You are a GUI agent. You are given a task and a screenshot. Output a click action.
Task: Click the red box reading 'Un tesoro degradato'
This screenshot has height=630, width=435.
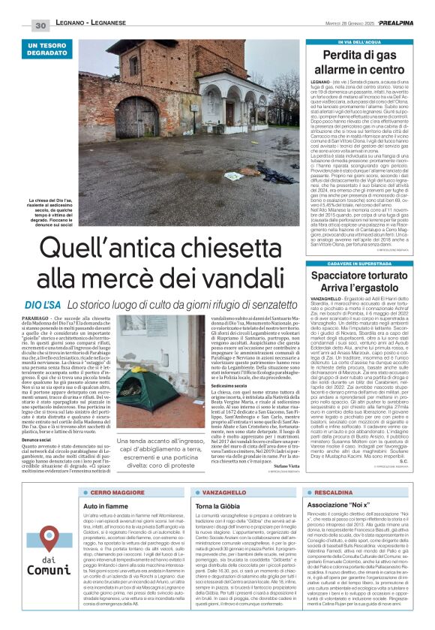point(50,52)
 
